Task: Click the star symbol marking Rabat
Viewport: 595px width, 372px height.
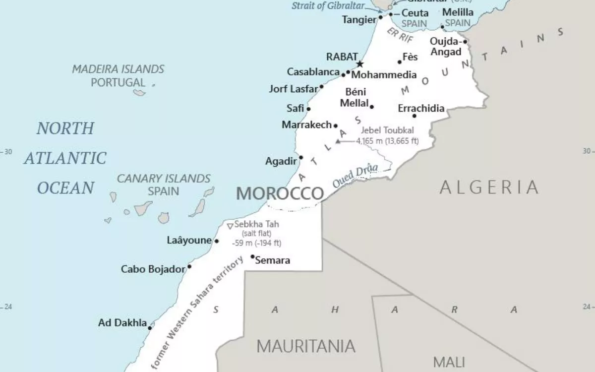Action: point(360,64)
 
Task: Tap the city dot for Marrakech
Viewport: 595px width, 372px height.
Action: point(336,126)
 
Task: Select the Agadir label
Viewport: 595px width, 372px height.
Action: point(281,161)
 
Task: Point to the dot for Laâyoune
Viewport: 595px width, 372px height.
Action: point(217,241)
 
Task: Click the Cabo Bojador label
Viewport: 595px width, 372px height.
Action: point(153,269)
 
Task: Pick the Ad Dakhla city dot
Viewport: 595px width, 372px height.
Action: point(150,328)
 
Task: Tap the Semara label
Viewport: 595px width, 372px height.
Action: point(273,260)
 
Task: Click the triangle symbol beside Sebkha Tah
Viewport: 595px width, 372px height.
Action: point(230,226)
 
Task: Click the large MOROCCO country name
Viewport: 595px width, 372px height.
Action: point(280,193)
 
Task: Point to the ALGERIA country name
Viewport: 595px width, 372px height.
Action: point(489,187)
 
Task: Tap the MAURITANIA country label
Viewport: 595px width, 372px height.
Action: point(306,346)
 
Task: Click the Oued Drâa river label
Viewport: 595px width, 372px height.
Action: point(355,176)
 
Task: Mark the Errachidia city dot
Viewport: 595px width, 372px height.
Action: point(415,116)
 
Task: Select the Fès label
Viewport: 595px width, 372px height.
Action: point(410,57)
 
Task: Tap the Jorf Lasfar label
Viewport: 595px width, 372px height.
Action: point(293,89)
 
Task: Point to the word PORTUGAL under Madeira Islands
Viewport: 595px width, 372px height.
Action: point(118,82)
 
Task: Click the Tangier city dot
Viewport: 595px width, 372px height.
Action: point(381,17)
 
